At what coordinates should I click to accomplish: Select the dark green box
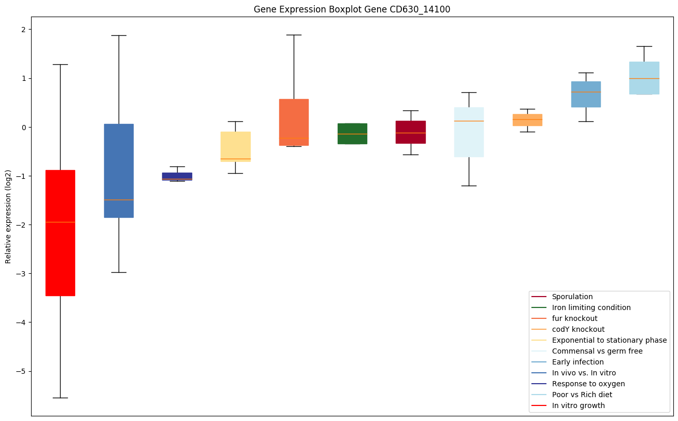tap(352, 134)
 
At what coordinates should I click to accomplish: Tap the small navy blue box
tap(177, 176)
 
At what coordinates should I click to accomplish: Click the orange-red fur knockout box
tap(294, 122)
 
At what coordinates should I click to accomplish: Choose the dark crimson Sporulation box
tap(411, 132)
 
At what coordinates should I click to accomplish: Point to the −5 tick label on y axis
tap(20, 371)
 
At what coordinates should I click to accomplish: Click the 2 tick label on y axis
tap(23, 30)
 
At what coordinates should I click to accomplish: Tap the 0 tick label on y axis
tap(23, 127)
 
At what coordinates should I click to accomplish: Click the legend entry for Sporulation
tap(572, 297)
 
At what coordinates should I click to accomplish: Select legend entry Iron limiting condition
tap(591, 307)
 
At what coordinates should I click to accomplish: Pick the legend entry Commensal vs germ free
tap(597, 351)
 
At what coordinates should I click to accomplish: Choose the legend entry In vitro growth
tap(578, 405)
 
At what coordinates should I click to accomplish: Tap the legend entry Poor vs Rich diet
tap(582, 395)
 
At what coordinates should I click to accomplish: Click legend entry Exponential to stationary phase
tap(609, 340)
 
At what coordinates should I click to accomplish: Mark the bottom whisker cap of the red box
tap(60, 398)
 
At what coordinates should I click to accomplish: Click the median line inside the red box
tap(60, 222)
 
